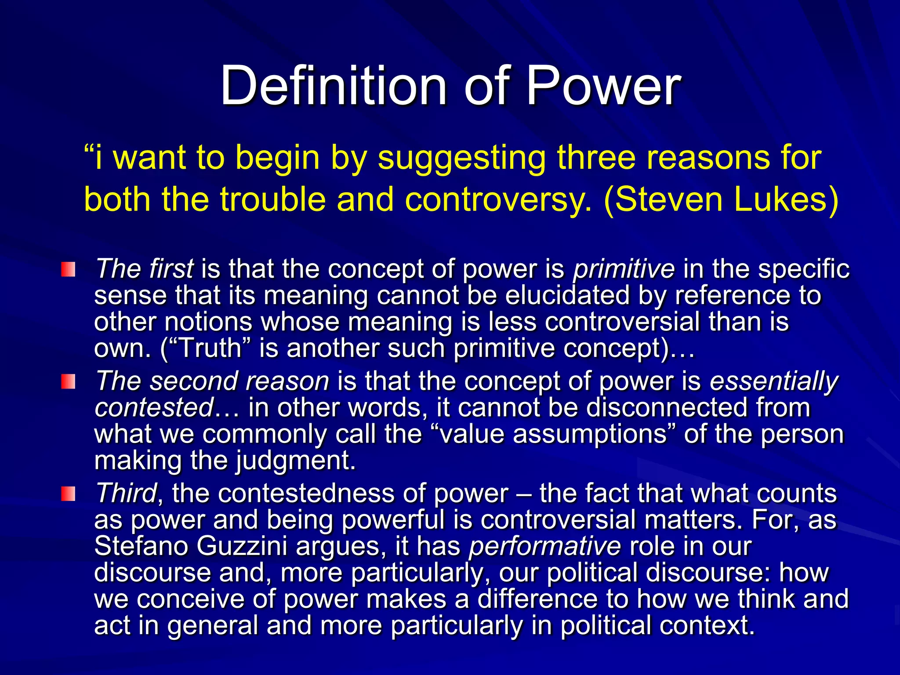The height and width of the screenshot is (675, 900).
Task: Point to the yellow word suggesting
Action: point(461,158)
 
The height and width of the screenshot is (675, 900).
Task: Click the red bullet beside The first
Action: point(68,269)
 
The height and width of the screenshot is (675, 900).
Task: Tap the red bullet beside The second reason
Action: point(68,381)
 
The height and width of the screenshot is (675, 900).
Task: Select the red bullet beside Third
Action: point(68,494)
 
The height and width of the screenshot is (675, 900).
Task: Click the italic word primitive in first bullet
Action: point(624,269)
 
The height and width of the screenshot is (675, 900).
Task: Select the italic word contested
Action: point(154,407)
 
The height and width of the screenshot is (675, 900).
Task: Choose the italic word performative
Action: point(544,546)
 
